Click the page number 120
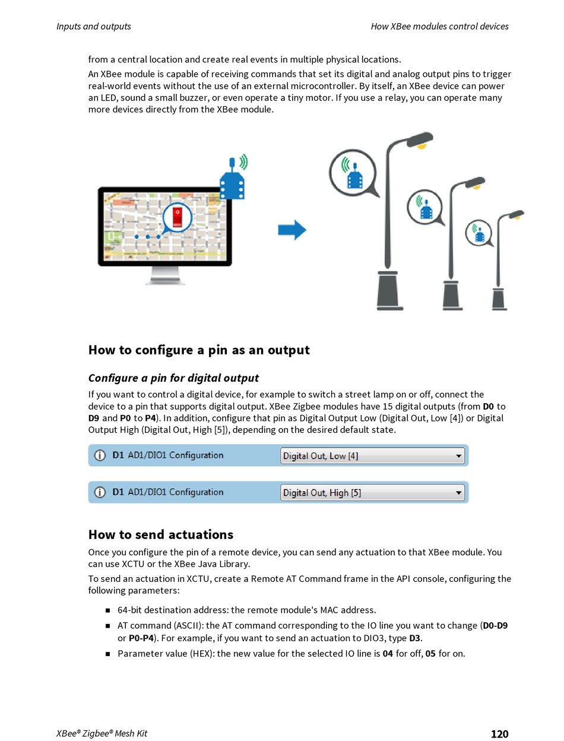point(499,734)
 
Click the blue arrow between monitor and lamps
point(292,230)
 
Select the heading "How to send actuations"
point(161,534)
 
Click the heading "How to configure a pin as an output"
point(199,350)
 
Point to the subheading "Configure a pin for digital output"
point(173,378)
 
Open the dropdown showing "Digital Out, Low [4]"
point(372,456)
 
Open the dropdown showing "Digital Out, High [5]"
point(372,492)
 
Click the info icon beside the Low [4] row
point(100,455)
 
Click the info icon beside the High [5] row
point(100,492)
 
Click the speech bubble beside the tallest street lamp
point(353,173)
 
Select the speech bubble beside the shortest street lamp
point(479,232)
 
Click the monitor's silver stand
point(164,275)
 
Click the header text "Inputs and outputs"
point(94,26)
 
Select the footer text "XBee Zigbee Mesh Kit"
point(102,734)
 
